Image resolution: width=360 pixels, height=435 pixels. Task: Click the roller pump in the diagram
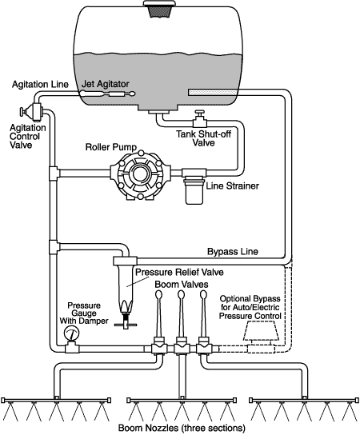(x=140, y=175)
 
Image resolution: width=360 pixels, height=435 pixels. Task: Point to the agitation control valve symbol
(x=31, y=112)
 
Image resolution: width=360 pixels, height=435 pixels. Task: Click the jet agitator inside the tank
(x=109, y=94)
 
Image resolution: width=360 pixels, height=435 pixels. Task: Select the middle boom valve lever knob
(x=181, y=294)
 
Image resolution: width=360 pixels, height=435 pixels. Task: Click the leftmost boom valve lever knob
(x=158, y=294)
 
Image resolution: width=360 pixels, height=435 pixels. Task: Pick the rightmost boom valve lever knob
(x=203, y=294)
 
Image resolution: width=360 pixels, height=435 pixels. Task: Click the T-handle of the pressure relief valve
(x=126, y=325)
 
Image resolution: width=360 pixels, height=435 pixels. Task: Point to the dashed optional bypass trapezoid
(x=261, y=331)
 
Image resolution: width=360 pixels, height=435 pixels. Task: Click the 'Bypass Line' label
(x=233, y=252)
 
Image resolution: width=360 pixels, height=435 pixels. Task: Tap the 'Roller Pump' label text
(x=111, y=147)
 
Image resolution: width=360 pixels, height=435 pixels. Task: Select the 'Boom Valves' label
(x=182, y=285)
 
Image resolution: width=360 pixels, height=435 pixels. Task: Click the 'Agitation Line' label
(x=40, y=84)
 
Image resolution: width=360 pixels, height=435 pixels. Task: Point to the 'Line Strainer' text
(x=232, y=186)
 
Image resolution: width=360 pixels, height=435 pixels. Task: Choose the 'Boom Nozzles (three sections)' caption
(x=182, y=428)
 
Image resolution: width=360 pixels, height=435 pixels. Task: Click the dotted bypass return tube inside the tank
(x=212, y=92)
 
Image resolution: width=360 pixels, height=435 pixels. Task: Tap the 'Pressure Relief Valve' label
(x=179, y=272)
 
